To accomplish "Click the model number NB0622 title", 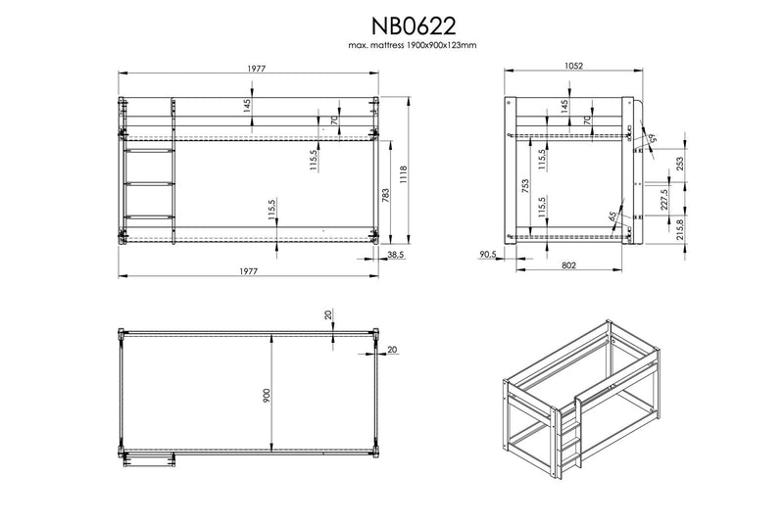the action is tap(413, 25).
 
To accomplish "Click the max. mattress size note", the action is tap(413, 45).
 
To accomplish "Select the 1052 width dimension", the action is tap(573, 66).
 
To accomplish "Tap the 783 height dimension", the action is tap(385, 195).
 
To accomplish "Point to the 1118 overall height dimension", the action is tap(404, 175).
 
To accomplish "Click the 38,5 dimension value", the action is tap(396, 255).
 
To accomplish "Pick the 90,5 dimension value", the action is tap(487, 255).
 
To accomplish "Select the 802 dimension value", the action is tap(569, 264).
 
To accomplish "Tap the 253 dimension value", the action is tap(679, 165).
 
